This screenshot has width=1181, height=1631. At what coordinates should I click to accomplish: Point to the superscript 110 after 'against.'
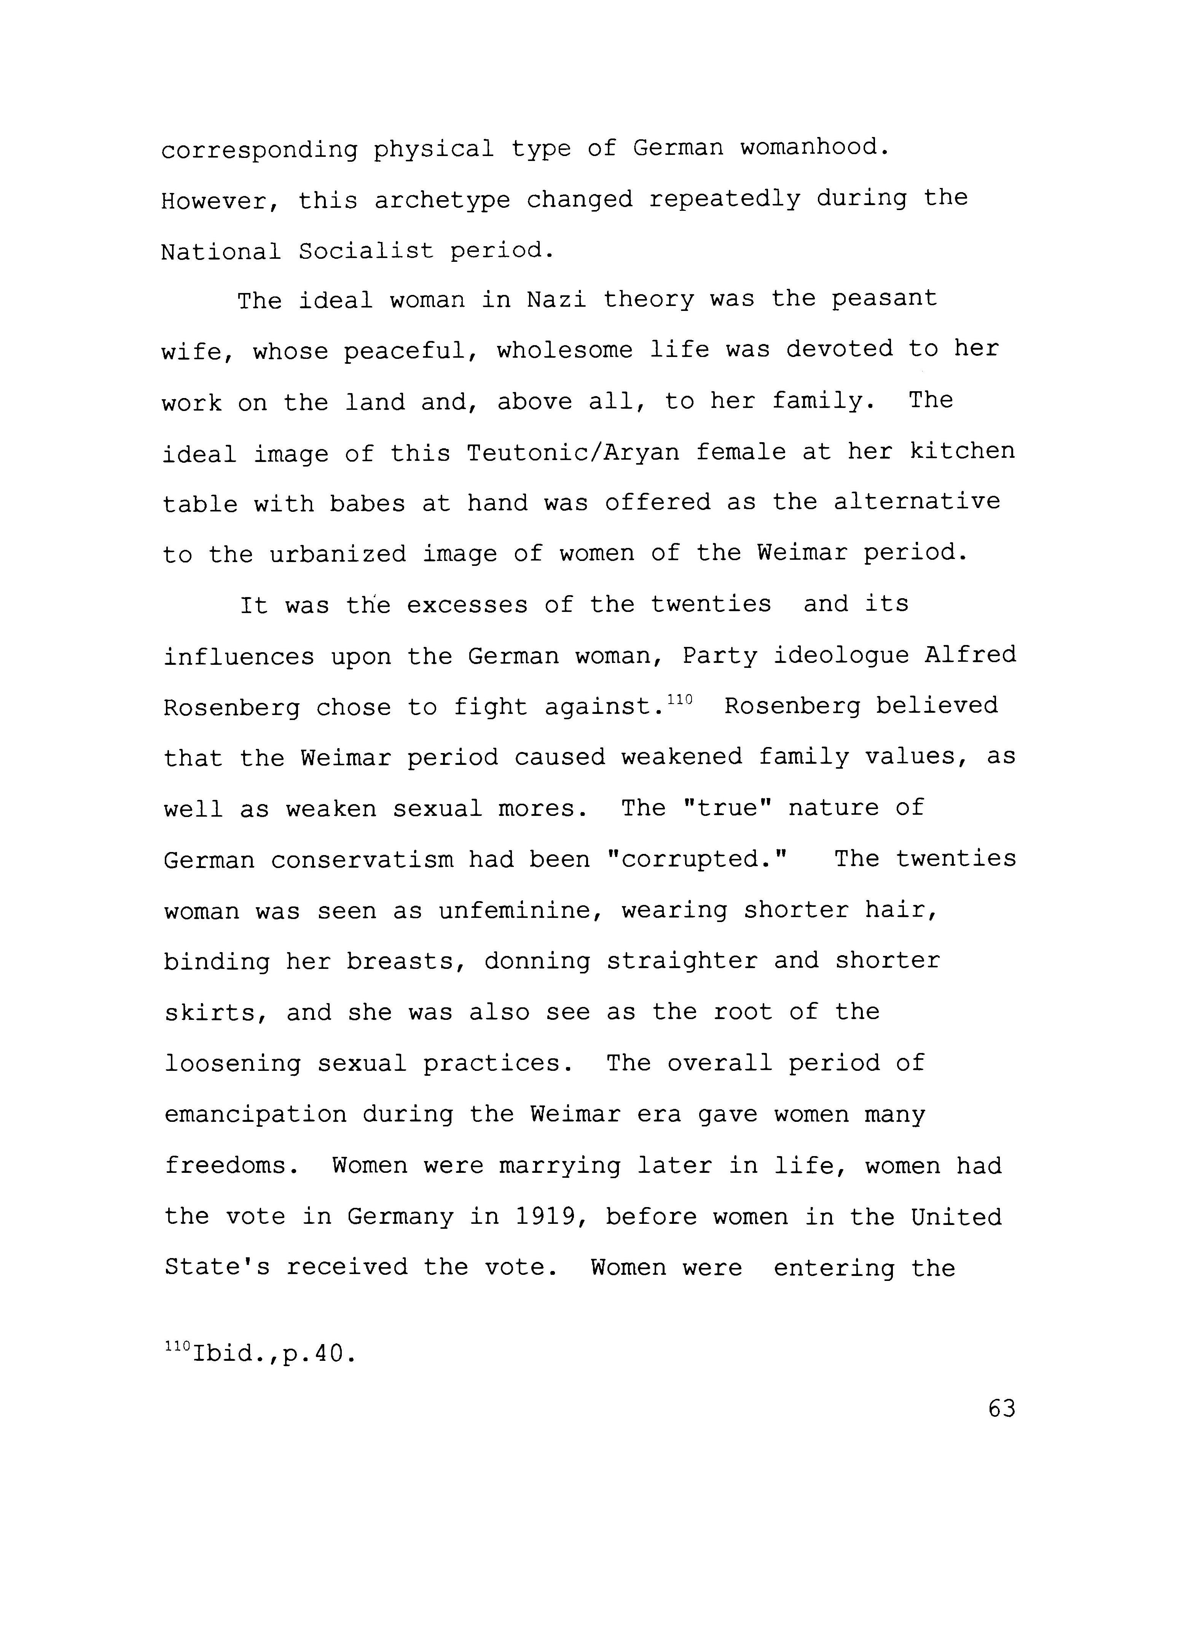(680, 699)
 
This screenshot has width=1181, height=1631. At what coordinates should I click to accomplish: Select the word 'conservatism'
(362, 860)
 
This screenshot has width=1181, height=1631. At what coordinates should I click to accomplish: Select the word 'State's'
(217, 1267)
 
